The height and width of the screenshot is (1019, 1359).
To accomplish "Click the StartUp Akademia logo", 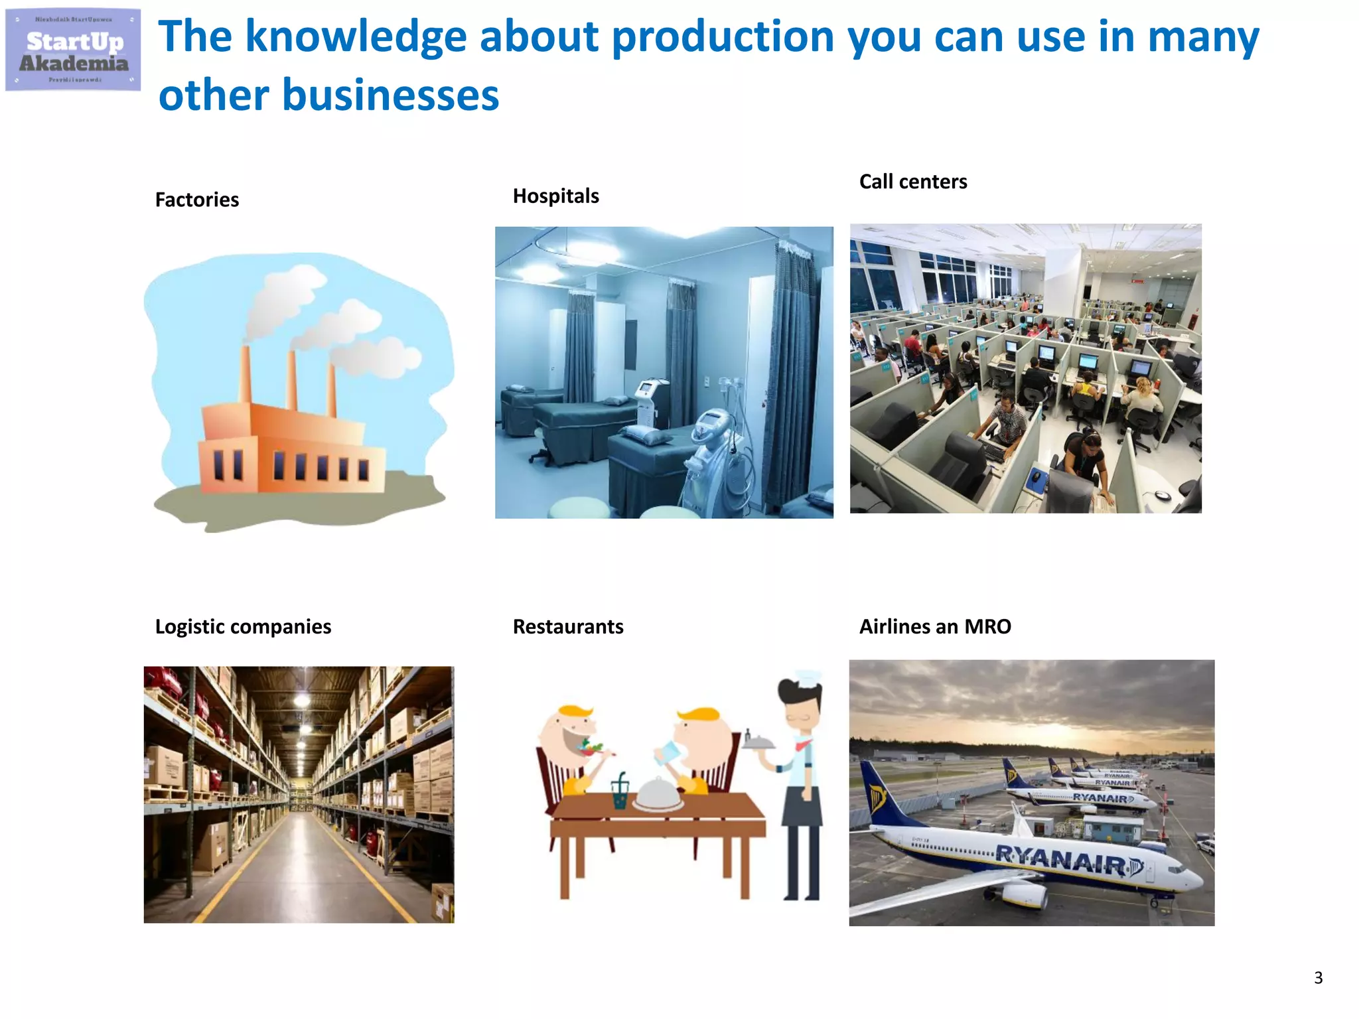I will (73, 50).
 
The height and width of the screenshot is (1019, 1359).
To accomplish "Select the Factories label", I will (196, 200).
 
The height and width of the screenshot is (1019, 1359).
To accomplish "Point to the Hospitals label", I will (555, 196).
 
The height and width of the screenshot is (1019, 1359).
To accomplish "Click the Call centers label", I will (912, 182).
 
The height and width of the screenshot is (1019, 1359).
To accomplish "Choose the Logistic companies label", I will (243, 627).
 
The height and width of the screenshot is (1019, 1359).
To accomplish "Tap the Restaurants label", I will (567, 627).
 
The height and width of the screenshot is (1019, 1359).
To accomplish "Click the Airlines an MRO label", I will (934, 627).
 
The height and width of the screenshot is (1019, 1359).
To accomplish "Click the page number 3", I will (1318, 978).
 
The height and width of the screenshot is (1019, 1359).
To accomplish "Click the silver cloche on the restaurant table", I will (657, 795).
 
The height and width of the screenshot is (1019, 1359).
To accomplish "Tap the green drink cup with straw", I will (620, 793).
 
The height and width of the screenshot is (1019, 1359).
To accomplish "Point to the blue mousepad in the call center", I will (1036, 476).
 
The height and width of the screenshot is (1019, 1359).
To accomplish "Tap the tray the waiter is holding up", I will (758, 744).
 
